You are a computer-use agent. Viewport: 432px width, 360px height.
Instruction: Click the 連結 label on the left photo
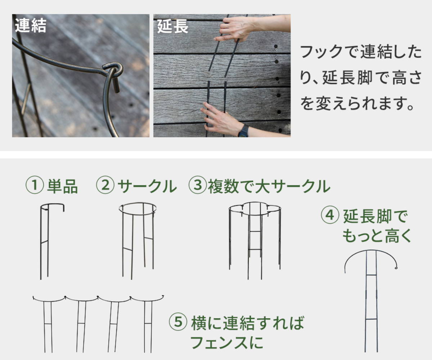coord(31,26)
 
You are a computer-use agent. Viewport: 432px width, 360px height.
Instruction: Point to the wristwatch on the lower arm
coord(243,131)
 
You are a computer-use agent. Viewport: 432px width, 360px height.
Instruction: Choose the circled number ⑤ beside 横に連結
coord(178,322)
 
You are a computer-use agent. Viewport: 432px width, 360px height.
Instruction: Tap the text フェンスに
coord(227,343)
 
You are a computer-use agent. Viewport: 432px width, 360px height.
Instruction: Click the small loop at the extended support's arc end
coord(396,268)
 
